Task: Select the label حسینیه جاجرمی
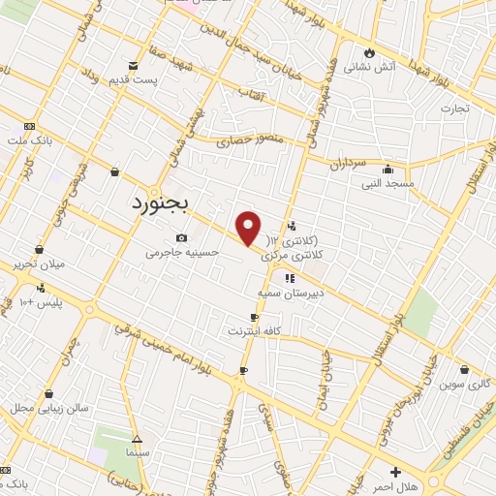pyautogui.click(x=182, y=253)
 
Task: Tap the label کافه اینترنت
pyautogui.click(x=254, y=331)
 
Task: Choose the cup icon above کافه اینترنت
pyautogui.click(x=254, y=317)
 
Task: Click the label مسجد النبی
pyautogui.click(x=387, y=182)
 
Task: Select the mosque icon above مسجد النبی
pyautogui.click(x=387, y=168)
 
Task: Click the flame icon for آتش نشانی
pyautogui.click(x=368, y=53)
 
